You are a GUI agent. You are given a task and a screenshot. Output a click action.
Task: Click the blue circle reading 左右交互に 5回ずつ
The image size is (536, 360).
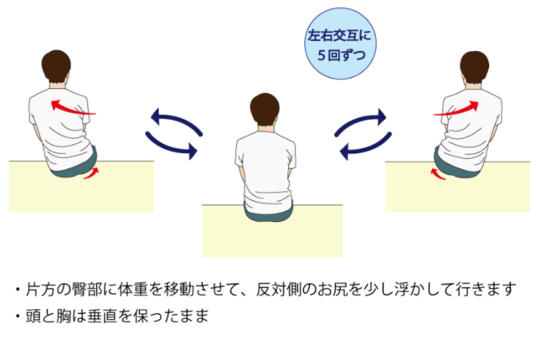(340, 44)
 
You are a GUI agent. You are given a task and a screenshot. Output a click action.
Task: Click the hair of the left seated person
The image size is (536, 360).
(56, 65)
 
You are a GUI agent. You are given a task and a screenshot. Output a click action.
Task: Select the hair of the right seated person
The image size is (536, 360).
(475, 66)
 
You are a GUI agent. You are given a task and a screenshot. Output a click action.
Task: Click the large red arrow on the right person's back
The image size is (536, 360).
(456, 109)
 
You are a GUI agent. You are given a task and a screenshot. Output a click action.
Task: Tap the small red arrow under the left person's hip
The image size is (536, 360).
(91, 173)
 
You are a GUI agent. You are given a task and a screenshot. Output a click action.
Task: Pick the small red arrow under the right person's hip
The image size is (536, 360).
(438, 174)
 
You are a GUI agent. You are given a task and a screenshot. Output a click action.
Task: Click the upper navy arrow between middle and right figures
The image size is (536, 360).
(361, 121)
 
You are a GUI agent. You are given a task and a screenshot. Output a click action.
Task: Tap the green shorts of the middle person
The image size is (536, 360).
(269, 214)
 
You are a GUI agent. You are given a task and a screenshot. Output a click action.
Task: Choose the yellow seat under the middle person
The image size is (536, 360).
(272, 235)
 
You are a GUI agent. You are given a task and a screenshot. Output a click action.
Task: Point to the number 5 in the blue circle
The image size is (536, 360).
(321, 55)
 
